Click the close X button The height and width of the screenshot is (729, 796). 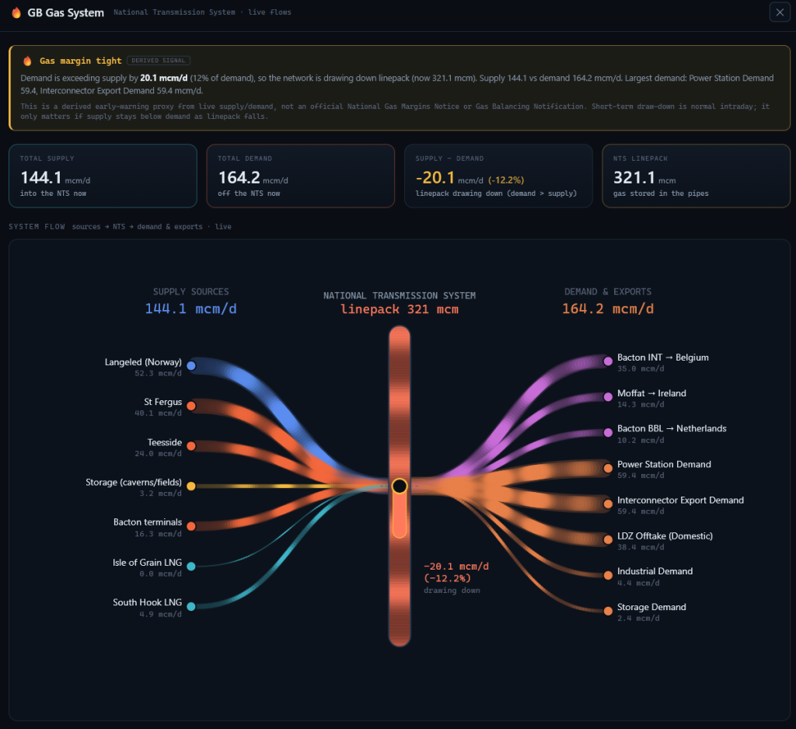[x=780, y=12]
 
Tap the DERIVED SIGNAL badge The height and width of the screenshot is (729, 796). [x=159, y=61]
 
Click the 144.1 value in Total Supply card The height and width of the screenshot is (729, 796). [x=40, y=178]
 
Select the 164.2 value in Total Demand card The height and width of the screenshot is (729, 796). [x=239, y=178]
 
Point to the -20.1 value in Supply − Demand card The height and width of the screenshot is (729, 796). [x=435, y=178]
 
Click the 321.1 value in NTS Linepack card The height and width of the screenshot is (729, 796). [x=634, y=178]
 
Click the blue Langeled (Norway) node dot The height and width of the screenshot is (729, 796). [x=191, y=365]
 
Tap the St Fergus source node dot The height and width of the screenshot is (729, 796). [x=191, y=406]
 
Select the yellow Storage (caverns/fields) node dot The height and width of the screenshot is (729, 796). [x=191, y=486]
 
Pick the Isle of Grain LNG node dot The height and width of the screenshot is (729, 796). [x=191, y=566]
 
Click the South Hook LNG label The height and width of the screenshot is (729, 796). [x=147, y=602]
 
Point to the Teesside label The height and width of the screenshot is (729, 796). [x=165, y=442]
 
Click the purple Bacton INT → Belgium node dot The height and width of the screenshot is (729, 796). [x=608, y=361]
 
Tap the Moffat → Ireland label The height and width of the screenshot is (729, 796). [x=652, y=393]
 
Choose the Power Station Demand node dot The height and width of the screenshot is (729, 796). [x=608, y=468]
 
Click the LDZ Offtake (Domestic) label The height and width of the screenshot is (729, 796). [x=665, y=535]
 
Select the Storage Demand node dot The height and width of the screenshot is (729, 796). [x=608, y=611]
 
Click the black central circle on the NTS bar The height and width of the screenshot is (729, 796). [x=400, y=486]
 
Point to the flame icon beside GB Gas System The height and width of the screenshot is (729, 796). [x=16, y=12]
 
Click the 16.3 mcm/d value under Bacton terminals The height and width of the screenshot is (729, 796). [x=158, y=534]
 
